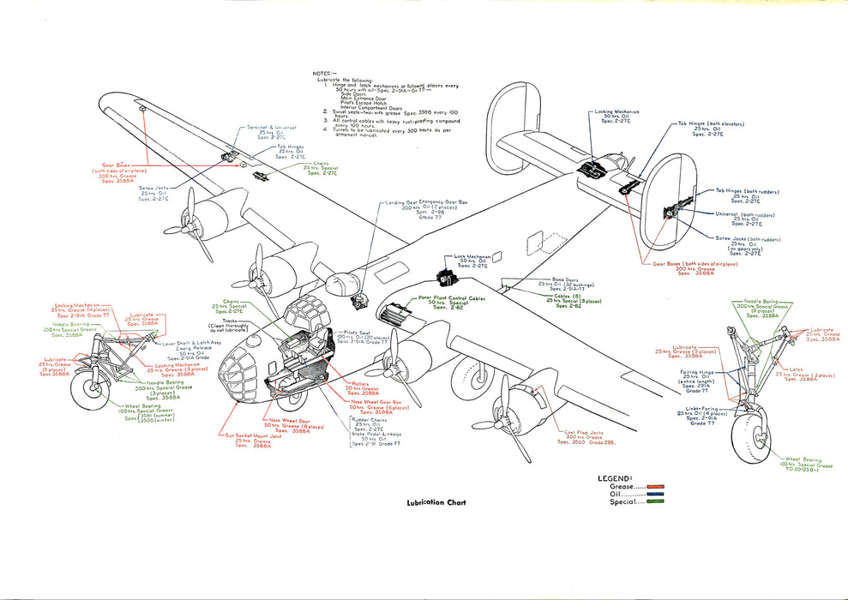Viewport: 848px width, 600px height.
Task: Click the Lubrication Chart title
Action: tap(436, 503)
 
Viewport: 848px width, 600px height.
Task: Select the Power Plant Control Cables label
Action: tap(454, 297)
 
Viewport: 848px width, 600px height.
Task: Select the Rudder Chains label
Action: tap(370, 419)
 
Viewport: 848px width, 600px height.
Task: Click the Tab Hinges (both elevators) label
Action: tap(711, 123)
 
